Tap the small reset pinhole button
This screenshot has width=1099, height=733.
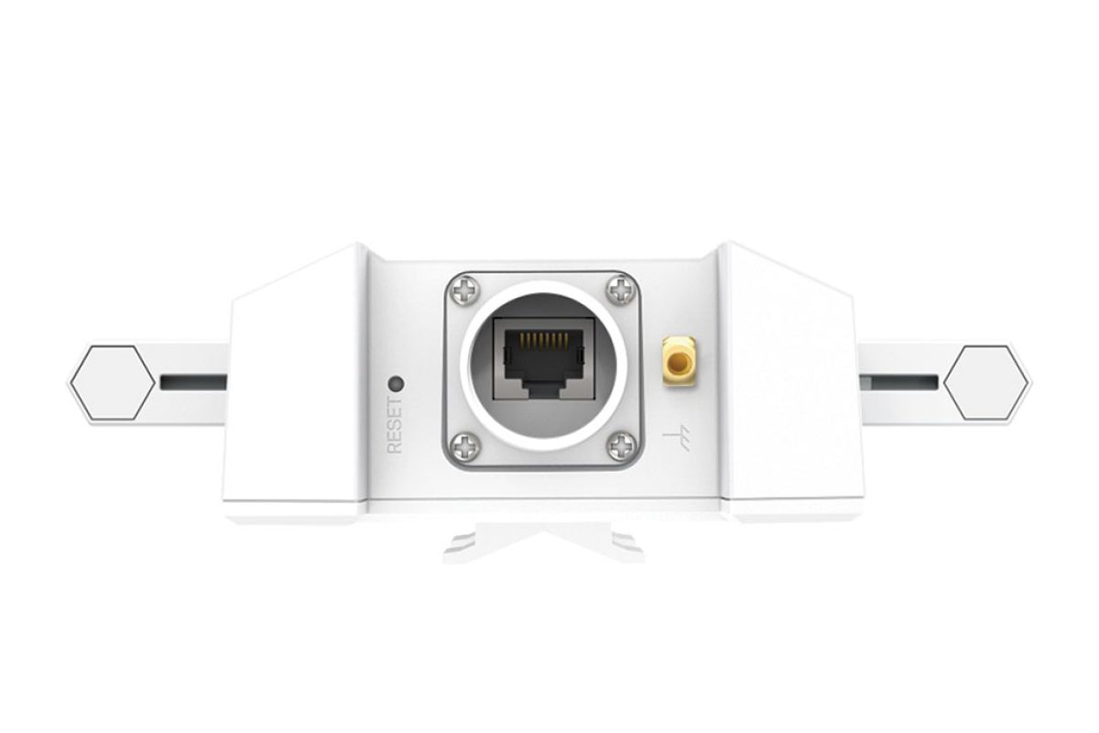point(396,383)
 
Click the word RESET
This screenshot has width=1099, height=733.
point(395,425)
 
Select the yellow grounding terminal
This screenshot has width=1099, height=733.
point(680,361)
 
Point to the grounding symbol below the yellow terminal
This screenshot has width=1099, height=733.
point(679,439)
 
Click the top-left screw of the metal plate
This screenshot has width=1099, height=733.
point(465,290)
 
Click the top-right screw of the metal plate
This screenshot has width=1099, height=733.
point(622,290)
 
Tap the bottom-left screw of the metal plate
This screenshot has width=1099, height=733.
point(465,447)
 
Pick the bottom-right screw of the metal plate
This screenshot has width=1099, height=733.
point(622,447)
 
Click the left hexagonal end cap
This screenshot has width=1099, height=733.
point(112,383)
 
